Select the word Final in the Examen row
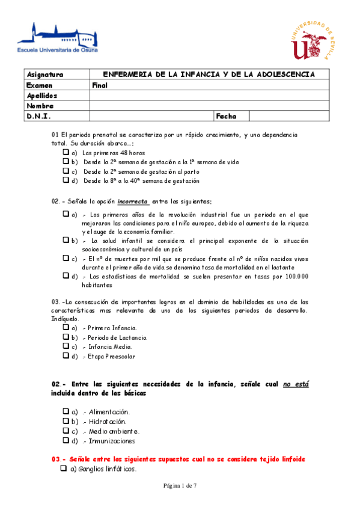coord(100,85)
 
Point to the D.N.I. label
coord(38,116)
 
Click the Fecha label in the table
coord(226,116)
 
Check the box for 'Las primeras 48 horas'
coord(66,153)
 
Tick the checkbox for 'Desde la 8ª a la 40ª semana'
coord(66,180)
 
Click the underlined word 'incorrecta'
coord(133,201)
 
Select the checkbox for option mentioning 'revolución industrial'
coord(66,214)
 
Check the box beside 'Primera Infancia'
coord(66,328)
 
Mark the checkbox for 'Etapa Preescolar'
coord(66,355)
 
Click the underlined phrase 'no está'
coord(296,384)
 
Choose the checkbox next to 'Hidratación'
coord(66,421)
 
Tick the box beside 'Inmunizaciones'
coord(66,440)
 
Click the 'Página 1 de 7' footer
coord(180,494)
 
